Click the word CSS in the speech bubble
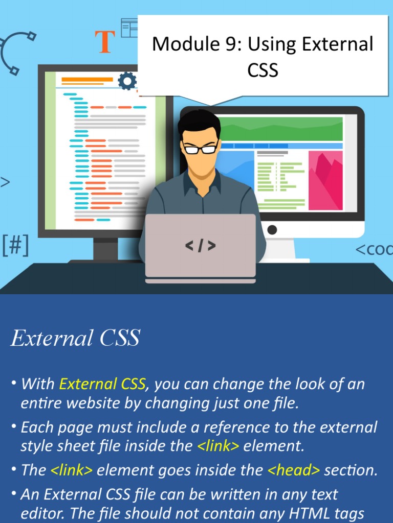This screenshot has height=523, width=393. pos(263,70)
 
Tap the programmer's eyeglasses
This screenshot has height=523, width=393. pos(201,149)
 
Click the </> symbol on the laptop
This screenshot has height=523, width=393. pos(200,246)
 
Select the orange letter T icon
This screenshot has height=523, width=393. pos(105,42)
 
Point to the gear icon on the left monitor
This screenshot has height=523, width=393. pos(127,81)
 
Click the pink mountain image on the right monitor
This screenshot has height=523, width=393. pos(325,180)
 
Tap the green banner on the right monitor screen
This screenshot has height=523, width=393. pos(279,129)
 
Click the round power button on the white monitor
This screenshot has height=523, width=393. pos(272,230)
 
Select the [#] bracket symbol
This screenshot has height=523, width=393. pos(15,246)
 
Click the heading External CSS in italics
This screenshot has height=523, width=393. pos(75,339)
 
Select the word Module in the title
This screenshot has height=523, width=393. pos(181,44)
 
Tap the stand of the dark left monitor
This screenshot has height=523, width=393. pos(105,249)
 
